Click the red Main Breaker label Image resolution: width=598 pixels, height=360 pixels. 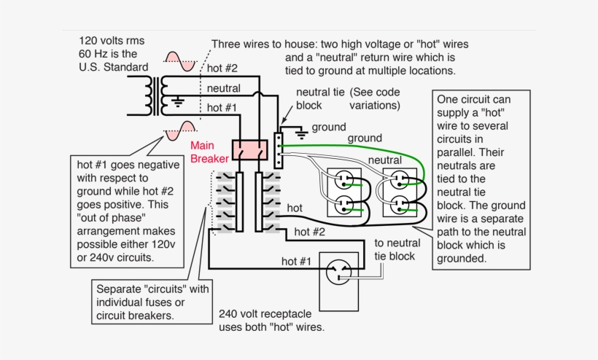click(x=209, y=152)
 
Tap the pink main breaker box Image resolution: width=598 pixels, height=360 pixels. click(x=249, y=150)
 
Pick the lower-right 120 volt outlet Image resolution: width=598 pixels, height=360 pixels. click(x=400, y=206)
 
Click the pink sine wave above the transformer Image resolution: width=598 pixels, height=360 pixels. click(x=179, y=62)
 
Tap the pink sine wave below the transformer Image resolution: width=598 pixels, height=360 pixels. click(x=179, y=131)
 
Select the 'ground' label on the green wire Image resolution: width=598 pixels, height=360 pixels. click(x=364, y=138)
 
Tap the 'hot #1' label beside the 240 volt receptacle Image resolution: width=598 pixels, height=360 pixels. click(x=297, y=261)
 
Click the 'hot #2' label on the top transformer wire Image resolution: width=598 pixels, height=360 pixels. click(x=222, y=69)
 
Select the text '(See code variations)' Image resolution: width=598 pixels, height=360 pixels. click(x=375, y=99)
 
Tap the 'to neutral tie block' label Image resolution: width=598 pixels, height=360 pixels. click(x=395, y=249)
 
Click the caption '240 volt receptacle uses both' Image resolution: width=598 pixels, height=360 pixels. click(x=271, y=321)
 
